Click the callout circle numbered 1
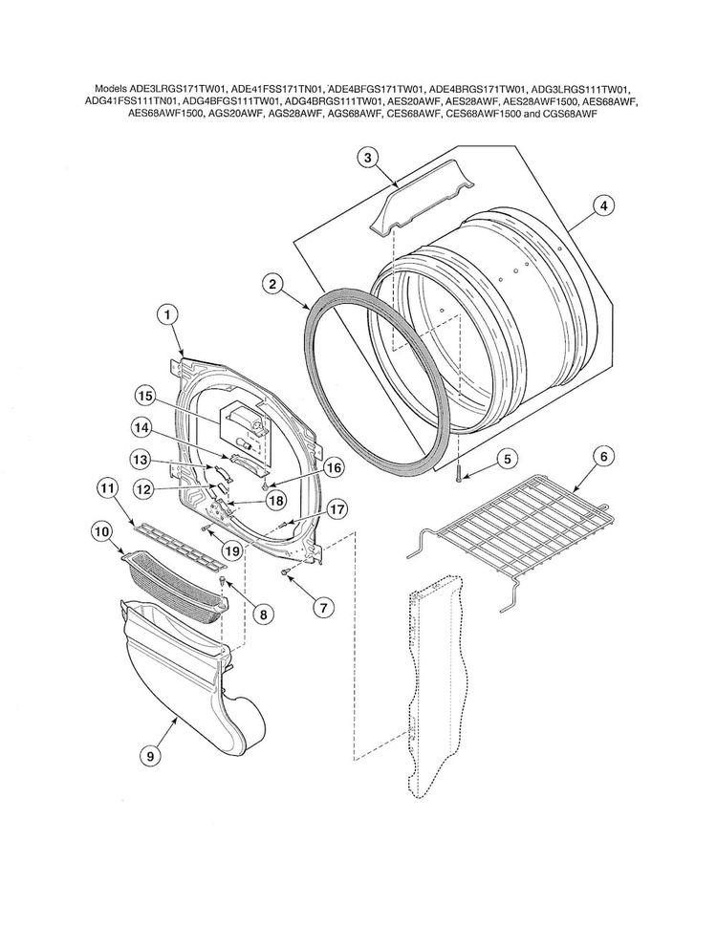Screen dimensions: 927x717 (166, 313)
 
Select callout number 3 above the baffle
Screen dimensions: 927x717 (369, 160)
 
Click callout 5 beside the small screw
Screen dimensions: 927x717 (508, 459)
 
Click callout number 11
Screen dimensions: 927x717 (107, 488)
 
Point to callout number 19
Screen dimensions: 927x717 (231, 550)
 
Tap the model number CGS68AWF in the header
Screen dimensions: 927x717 (570, 112)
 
